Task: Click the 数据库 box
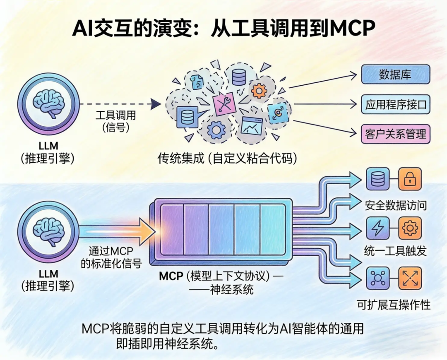click(x=396, y=75)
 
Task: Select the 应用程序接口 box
click(x=396, y=104)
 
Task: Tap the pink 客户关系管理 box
click(x=396, y=133)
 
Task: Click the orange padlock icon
click(x=410, y=179)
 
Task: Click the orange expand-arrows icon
click(x=410, y=278)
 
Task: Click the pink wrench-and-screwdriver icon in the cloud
click(x=225, y=102)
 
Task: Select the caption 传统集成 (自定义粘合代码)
click(x=227, y=158)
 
